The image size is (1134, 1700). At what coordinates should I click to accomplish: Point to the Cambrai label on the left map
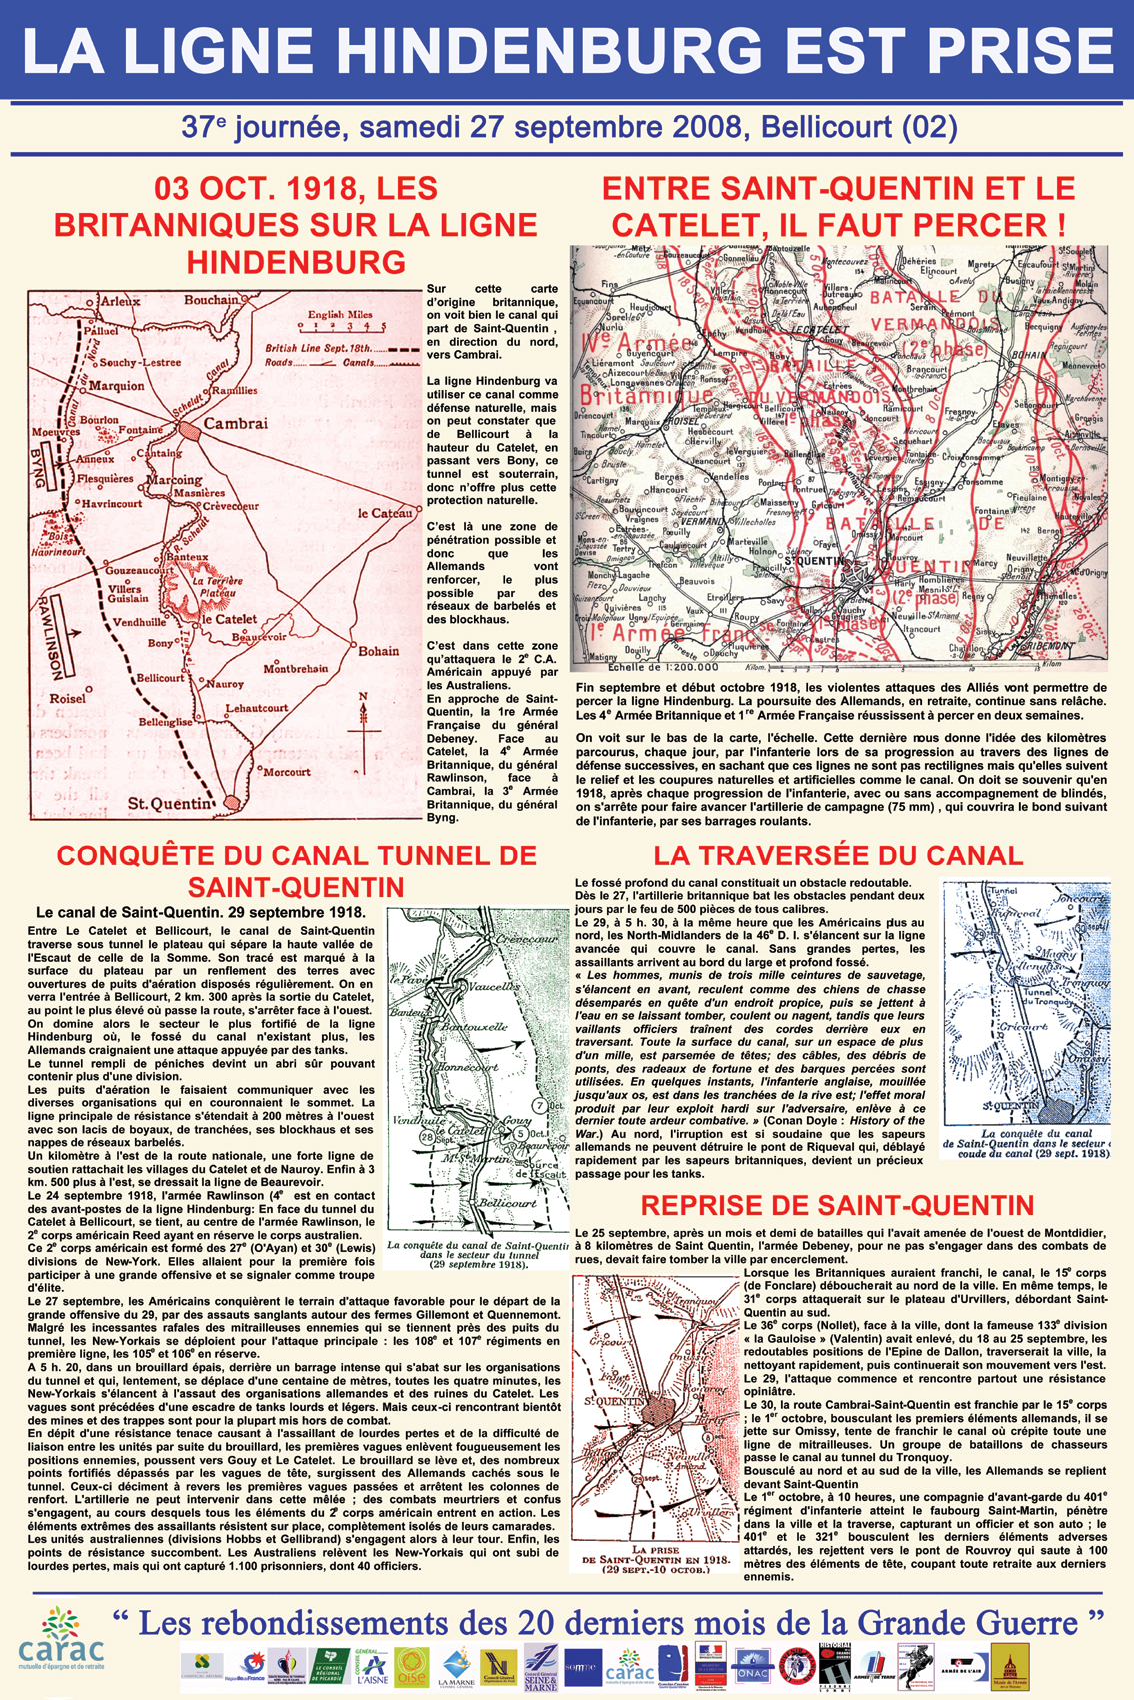(236, 424)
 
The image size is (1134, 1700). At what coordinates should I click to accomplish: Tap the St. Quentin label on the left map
(170, 803)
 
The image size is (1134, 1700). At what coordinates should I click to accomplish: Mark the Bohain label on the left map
(378, 651)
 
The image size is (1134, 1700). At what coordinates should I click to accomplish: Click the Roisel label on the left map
(67, 699)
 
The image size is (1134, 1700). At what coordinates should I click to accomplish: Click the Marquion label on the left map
(116, 386)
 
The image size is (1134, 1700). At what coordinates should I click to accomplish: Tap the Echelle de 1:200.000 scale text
(647, 666)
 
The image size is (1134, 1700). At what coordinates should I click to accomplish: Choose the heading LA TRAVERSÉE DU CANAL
(837, 855)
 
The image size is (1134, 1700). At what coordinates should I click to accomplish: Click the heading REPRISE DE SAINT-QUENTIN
(837, 1205)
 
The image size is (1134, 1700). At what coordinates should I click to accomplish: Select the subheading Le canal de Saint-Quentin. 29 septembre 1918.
(200, 912)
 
